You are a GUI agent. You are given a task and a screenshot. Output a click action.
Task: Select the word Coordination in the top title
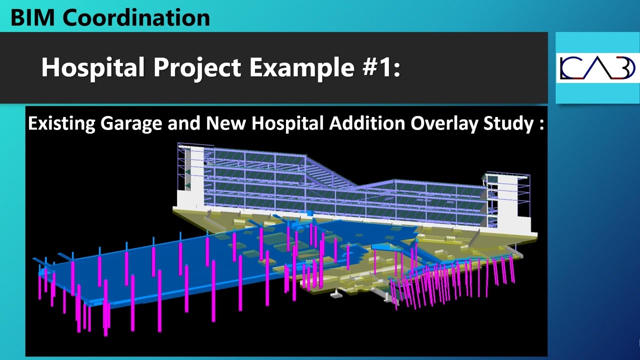pyautogui.click(x=136, y=17)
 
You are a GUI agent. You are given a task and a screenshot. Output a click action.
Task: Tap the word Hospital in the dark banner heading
pyautogui.click(x=92, y=67)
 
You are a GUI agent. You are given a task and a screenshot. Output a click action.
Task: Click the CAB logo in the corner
pyautogui.click(x=597, y=68)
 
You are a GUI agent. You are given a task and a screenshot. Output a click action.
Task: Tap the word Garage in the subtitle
pyautogui.click(x=132, y=123)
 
